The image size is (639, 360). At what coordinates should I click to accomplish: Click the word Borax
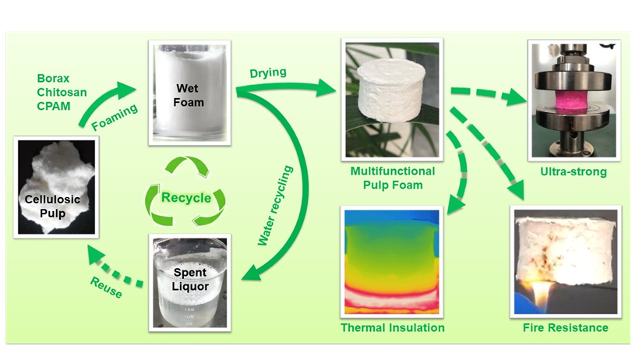[54, 79]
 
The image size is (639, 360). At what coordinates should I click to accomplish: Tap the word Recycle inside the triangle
[186, 198]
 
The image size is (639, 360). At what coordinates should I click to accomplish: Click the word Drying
[267, 73]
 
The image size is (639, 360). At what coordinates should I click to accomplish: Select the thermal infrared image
[393, 262]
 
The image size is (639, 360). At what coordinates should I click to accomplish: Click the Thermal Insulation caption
[393, 328]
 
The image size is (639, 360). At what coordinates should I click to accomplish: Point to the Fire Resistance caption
[566, 328]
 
